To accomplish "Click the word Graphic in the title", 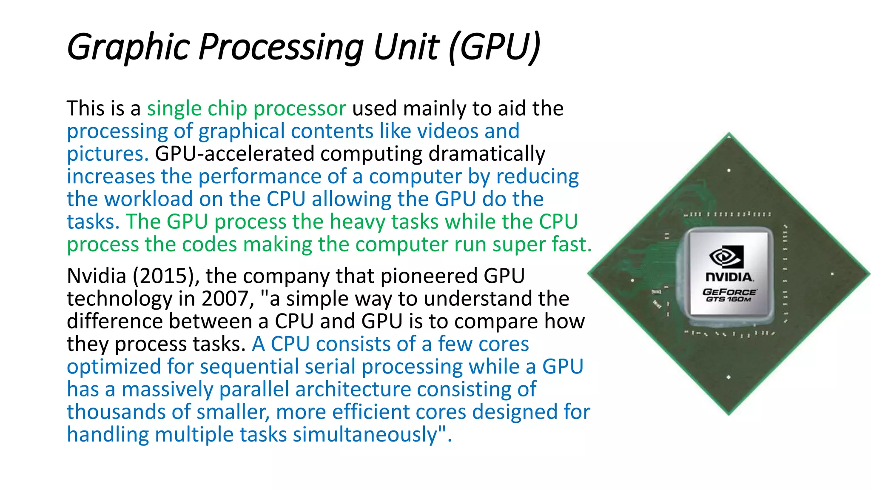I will click(x=128, y=47).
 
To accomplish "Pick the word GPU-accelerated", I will click(x=234, y=154).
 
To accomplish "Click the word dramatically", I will click(x=487, y=154).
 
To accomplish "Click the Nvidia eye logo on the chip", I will click(x=726, y=256).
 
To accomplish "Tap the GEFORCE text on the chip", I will click(x=729, y=292).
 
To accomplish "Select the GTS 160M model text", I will click(x=729, y=299).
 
